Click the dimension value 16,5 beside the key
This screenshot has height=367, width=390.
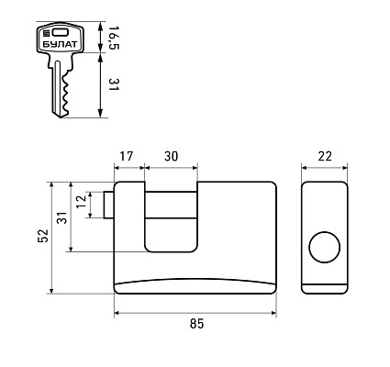[x=114, y=38]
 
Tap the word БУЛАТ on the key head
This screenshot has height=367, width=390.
[x=60, y=44]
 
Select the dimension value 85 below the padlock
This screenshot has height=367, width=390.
[x=196, y=324]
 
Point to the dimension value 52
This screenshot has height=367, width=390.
[x=43, y=236]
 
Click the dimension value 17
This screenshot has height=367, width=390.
[x=127, y=156]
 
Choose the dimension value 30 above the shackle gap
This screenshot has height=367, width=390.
[x=171, y=156]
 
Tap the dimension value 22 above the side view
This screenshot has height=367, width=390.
[x=325, y=156]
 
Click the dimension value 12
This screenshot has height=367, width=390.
[x=82, y=202]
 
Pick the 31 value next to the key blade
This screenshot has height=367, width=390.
[x=114, y=84]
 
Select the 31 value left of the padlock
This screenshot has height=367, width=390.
[x=62, y=217]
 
